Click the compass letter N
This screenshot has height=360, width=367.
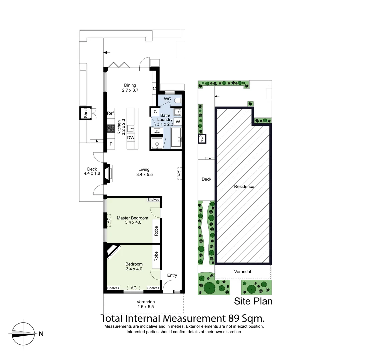point(41,334)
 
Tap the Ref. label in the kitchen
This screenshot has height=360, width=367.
point(111,113)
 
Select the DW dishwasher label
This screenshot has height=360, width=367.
point(131,138)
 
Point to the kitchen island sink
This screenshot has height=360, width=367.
point(131,128)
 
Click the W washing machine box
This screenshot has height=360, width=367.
point(178,122)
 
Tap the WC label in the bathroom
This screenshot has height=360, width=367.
point(167,99)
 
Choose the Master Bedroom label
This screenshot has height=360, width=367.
point(132,218)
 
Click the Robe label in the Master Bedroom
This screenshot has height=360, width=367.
point(156,231)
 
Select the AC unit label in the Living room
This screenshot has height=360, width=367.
point(179,173)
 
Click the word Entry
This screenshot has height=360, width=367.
point(172,275)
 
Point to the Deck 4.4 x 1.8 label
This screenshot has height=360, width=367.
point(92,171)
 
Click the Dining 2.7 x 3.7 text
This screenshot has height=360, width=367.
point(130,87)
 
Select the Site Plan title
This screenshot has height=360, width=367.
point(253,301)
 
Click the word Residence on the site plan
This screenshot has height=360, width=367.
point(244,187)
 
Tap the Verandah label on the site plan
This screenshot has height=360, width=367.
point(243,272)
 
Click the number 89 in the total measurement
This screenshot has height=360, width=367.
point(235,318)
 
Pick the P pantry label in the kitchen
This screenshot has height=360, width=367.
point(111,144)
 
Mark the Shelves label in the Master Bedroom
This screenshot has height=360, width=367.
point(153,200)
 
